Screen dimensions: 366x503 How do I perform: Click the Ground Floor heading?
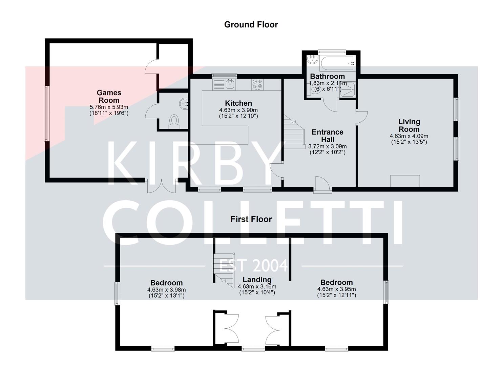tap(251, 25)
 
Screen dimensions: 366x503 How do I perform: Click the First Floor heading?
tap(251, 219)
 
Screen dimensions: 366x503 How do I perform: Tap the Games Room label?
tap(109, 97)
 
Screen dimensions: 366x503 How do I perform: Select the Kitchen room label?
tap(238, 103)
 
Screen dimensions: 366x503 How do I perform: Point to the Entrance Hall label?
tap(328, 136)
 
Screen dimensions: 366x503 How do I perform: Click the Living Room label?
tap(409, 125)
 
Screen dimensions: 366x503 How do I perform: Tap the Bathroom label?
tap(327, 77)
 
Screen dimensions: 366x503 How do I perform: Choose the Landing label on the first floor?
tap(257, 280)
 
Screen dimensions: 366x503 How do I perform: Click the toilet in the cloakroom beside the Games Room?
tap(174, 121)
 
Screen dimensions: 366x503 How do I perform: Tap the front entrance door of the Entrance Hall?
tap(322, 185)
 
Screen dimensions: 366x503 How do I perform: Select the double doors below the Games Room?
tap(161, 186)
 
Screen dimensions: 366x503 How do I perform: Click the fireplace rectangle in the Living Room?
tap(405, 181)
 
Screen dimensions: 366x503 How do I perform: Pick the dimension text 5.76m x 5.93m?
tap(109, 107)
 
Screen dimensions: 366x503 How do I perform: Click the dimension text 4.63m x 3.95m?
tap(336, 289)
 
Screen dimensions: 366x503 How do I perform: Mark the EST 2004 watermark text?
tap(253, 266)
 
